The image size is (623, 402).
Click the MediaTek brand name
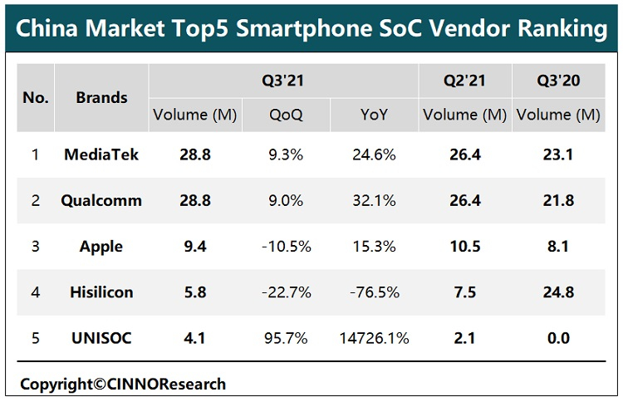pos(101,154)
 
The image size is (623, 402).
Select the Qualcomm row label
pos(101,200)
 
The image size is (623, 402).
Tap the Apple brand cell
pos(101,247)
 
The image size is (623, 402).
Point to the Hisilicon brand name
pos(101,292)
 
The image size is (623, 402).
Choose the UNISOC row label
pos(101,339)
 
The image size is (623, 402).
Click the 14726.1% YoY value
pos(375,339)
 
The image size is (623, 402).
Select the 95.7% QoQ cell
pos(285,339)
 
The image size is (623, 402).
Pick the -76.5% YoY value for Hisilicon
pos(375,292)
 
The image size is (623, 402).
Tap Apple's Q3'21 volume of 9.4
pos(194,247)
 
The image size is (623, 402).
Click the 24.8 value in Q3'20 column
pos(557,292)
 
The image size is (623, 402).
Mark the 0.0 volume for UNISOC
pos(557,339)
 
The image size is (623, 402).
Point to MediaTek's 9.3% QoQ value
pos(285,154)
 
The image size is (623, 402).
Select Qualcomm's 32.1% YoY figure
pos(375,200)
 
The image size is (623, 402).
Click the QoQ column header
pos(285,115)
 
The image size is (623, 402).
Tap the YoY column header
pos(375,115)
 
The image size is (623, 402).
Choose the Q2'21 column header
pos(464,81)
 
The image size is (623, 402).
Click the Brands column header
pos(101,97)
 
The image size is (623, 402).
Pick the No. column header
pos(36,97)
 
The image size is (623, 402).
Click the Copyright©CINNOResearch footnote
pos(123,384)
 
